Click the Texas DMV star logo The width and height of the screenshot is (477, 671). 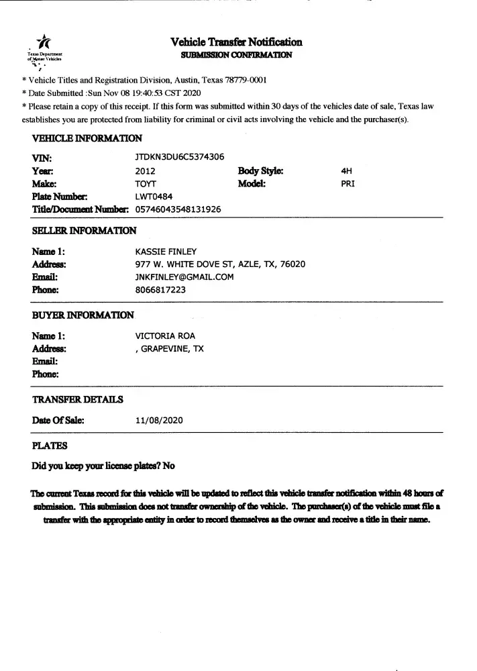click(44, 42)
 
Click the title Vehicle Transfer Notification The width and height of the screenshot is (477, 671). click(236, 42)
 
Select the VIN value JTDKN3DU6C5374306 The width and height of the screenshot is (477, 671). click(180, 157)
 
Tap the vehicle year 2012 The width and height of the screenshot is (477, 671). click(145, 170)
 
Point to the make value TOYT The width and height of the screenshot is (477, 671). click(146, 183)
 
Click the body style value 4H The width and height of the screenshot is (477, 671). click(347, 170)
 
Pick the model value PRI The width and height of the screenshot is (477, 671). click(348, 183)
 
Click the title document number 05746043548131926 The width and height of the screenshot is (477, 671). click(178, 209)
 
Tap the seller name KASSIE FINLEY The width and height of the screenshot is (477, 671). click(166, 252)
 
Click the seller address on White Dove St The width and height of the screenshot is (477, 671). click(220, 264)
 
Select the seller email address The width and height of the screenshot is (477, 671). click(184, 277)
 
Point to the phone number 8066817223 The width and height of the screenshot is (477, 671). click(161, 290)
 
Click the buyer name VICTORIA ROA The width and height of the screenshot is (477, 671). click(166, 336)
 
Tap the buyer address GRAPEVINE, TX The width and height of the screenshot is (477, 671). click(170, 349)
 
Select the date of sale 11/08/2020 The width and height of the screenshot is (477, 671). click(159, 421)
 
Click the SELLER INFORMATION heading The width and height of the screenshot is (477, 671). click(84, 231)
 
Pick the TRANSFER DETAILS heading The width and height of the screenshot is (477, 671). click(77, 400)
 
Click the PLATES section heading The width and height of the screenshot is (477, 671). click(50, 445)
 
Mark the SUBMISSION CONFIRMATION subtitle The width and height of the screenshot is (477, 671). click(236, 54)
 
